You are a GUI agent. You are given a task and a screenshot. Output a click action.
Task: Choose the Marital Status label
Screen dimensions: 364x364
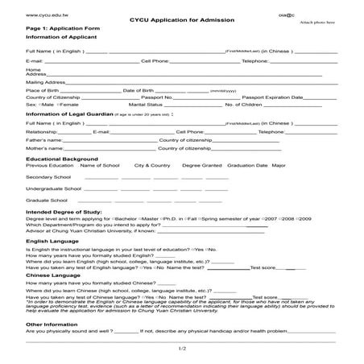[x=146, y=104]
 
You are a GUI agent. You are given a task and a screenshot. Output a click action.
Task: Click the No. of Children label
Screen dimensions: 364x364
[x=245, y=104]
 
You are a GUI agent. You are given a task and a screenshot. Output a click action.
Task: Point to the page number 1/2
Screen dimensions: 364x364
[x=182, y=348]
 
